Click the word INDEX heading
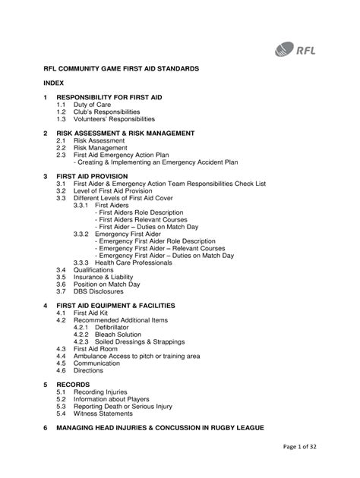[53, 83]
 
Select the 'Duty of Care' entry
[93, 105]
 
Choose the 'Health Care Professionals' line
[134, 263]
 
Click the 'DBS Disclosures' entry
[101, 291]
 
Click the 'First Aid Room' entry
[96, 348]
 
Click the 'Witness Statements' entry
[107, 414]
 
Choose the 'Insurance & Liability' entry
[106, 277]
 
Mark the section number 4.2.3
[82, 341]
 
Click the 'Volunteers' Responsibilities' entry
[114, 119]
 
